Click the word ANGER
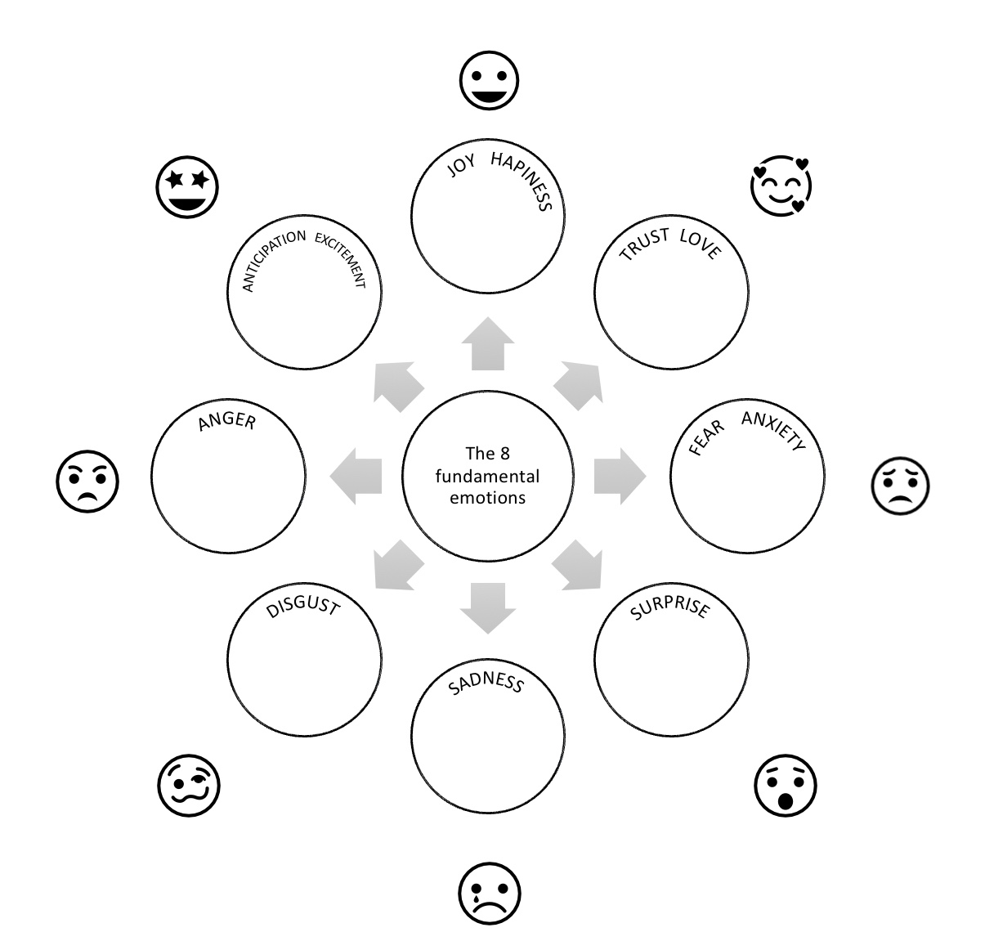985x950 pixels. click(227, 420)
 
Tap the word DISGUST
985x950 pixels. click(303, 605)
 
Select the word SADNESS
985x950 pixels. click(486, 683)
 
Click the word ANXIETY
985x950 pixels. click(774, 430)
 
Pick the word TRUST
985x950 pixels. click(644, 244)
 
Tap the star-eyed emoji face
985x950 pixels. click(187, 186)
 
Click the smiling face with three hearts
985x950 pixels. click(781, 186)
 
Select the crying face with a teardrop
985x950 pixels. click(490, 893)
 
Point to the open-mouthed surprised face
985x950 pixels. click(785, 785)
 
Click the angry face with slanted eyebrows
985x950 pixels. click(87, 481)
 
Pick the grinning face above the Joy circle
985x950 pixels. click(489, 80)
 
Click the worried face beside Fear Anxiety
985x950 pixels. click(901, 486)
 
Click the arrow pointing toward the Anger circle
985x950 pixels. click(356, 476)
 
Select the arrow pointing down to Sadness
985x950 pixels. click(488, 608)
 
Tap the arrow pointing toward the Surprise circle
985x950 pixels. click(579, 567)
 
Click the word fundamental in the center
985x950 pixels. click(487, 476)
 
